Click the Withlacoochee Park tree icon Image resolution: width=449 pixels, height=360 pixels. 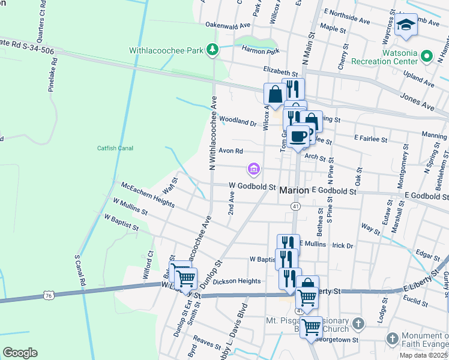point(211,49)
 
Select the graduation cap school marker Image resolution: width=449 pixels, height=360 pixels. point(406,28)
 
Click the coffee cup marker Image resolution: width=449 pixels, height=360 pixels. point(298,137)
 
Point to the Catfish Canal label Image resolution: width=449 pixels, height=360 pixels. point(115,148)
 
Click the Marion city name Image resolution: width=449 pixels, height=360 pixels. point(295,190)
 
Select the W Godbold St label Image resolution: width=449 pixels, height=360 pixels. point(252,187)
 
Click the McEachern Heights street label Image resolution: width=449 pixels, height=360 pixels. point(148,196)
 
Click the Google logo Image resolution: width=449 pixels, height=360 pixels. point(20,353)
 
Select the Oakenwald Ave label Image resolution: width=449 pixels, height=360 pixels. point(228,26)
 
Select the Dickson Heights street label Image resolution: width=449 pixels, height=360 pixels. point(237,281)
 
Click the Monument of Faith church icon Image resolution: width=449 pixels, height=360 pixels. point(392,338)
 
